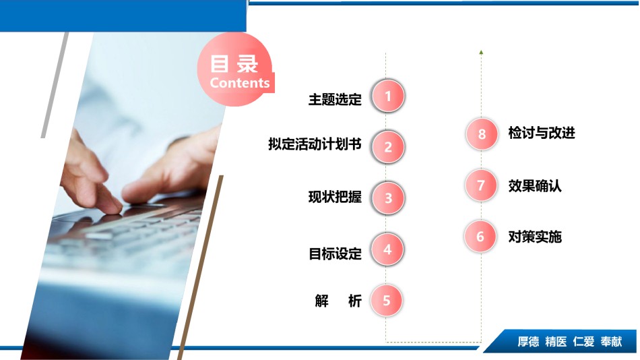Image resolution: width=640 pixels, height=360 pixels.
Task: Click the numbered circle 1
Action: pos(388,96)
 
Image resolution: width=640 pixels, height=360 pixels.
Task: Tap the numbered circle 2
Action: pos(388,147)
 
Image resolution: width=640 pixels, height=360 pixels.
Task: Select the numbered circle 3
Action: pos(388,198)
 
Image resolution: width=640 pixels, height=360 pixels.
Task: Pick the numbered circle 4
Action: pos(387,249)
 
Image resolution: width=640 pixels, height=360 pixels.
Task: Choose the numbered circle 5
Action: pos(387,301)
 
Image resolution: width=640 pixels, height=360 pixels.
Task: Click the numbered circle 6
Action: pos(480,236)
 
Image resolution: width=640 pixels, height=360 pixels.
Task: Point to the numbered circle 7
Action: pos(481,185)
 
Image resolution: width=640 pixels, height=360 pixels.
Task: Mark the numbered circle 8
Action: pos(482,134)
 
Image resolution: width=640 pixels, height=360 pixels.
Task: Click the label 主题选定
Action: pos(335,99)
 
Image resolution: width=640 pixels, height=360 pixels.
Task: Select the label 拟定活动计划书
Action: pos(315,144)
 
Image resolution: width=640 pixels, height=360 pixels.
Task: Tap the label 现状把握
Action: pos(335,197)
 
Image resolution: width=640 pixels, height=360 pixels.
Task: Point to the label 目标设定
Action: pos(335,253)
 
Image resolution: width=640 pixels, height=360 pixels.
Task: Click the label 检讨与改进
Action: pos(542,133)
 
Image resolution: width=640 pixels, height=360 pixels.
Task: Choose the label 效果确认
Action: pos(535,186)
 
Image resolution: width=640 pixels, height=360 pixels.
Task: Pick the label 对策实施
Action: pos(535,237)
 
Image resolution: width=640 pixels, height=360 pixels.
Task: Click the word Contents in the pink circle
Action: pos(240,83)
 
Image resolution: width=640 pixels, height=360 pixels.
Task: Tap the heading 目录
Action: pos(234,64)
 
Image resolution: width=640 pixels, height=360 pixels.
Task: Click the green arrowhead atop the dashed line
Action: pos(481,53)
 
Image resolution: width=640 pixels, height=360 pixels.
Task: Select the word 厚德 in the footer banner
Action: pos(528,342)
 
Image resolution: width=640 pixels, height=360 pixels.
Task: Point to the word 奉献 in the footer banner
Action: pos(611,342)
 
